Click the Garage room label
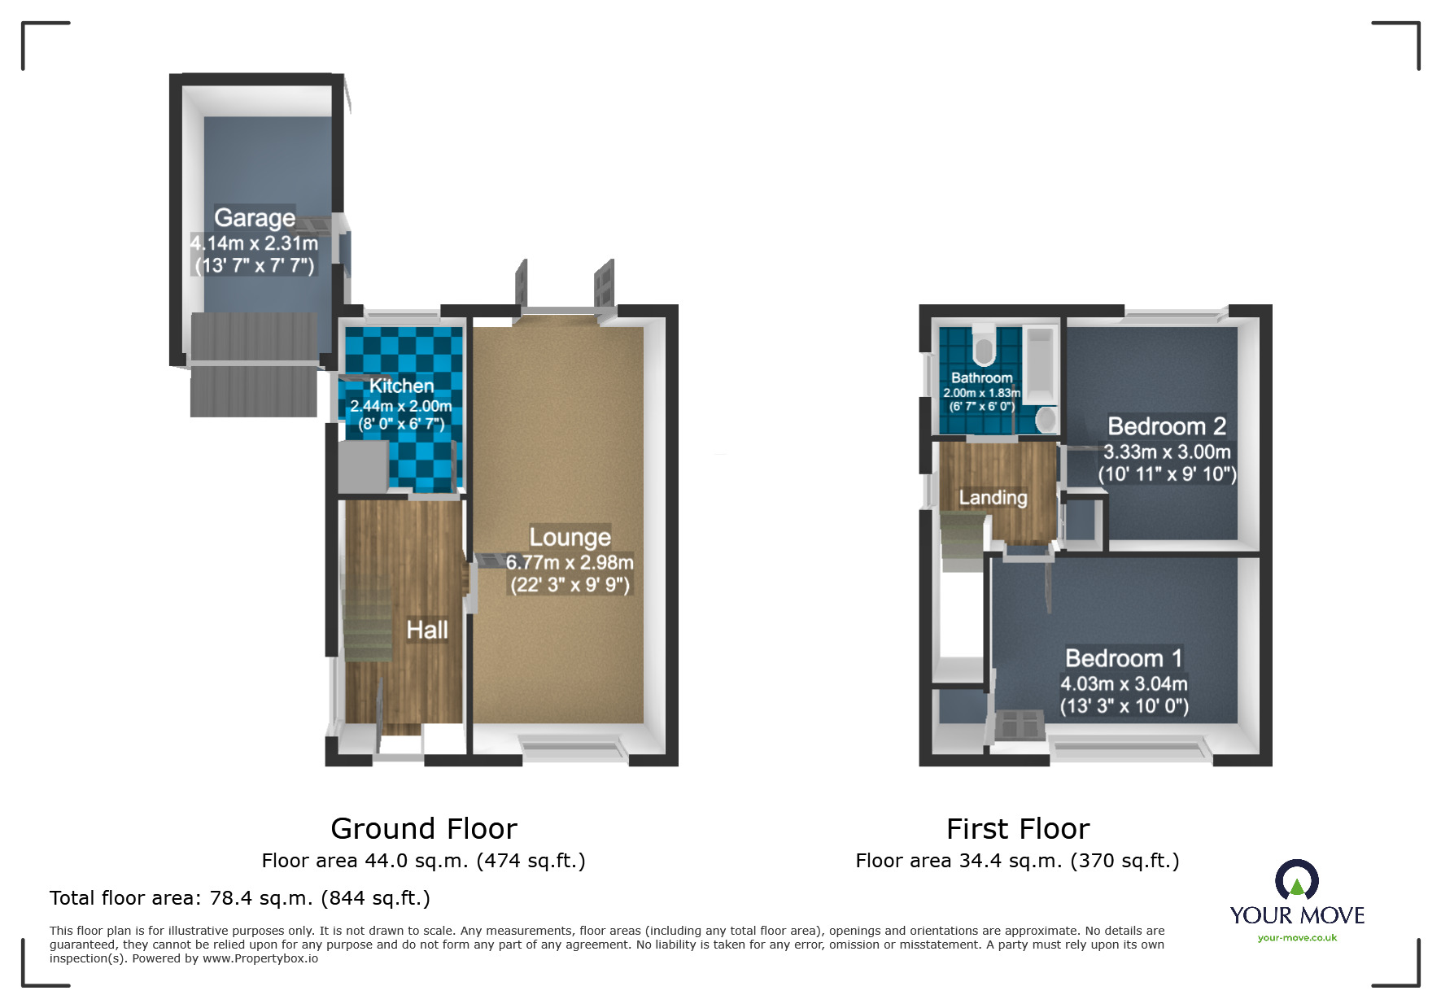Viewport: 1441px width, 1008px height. pyautogui.click(x=254, y=218)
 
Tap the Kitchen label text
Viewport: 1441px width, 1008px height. pyautogui.click(x=401, y=386)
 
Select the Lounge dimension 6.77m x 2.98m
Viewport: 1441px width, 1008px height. pyautogui.click(x=570, y=562)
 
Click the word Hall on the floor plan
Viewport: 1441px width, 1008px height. pyautogui.click(x=427, y=630)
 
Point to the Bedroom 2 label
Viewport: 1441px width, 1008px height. pyautogui.click(x=1166, y=426)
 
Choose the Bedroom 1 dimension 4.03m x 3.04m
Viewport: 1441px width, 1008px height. pyautogui.click(x=1124, y=684)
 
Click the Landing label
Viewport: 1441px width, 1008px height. pyautogui.click(x=993, y=497)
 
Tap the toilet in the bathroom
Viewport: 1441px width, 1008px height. pyautogui.click(x=983, y=346)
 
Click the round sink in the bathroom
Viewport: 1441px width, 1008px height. pyautogui.click(x=1046, y=420)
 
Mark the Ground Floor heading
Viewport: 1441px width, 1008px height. pyautogui.click(x=423, y=829)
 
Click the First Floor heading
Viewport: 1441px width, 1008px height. pyautogui.click(x=1017, y=829)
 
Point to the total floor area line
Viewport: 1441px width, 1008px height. pyautogui.click(x=239, y=898)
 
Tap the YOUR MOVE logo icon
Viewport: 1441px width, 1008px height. pyautogui.click(x=1296, y=880)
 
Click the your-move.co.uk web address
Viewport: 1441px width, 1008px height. pyautogui.click(x=1297, y=938)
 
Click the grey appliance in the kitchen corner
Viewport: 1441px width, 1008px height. pyautogui.click(x=362, y=466)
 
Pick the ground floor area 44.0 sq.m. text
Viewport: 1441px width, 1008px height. pyautogui.click(x=423, y=861)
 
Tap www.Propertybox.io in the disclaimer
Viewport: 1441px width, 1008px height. pyautogui.click(x=260, y=958)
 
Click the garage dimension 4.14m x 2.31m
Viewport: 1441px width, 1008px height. pyautogui.click(x=254, y=243)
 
